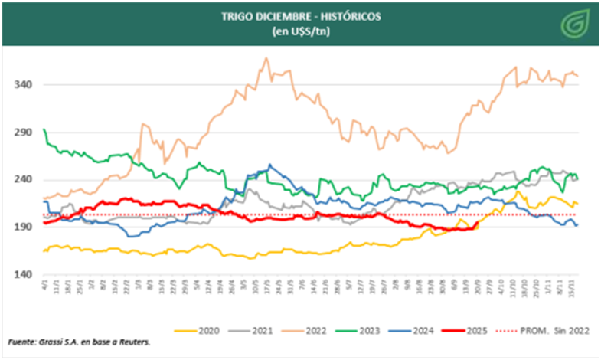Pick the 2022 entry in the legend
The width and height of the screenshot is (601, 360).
click(x=317, y=331)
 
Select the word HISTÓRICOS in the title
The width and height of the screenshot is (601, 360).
click(x=337, y=18)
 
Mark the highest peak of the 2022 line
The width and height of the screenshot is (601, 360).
click(x=266, y=58)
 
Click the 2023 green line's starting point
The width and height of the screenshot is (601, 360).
click(x=44, y=130)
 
